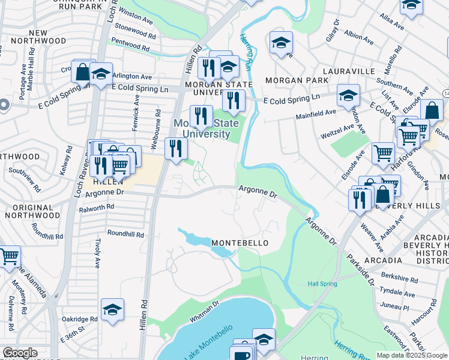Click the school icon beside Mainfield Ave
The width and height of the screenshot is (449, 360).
[x=348, y=95]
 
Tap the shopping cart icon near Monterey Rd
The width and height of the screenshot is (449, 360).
[x=9, y=257]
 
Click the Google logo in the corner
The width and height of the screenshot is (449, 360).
[x=20, y=353]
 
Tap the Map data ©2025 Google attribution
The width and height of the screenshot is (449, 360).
[x=411, y=355]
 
